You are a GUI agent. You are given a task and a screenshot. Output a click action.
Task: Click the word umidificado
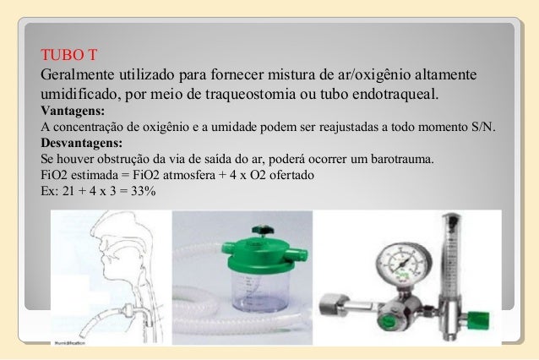click(x=79, y=91)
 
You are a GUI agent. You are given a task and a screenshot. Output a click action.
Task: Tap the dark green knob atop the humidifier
click(x=263, y=228)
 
